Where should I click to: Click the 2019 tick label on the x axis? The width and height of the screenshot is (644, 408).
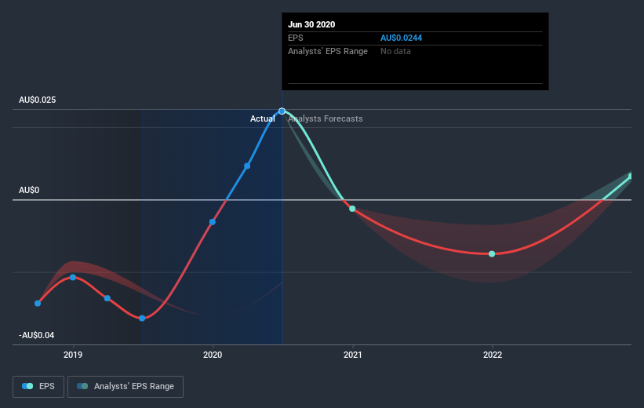(73, 355)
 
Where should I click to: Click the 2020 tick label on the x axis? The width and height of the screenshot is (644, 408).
(213, 355)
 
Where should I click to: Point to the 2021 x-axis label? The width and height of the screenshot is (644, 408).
(352, 355)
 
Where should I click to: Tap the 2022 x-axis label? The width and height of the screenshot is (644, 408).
(492, 355)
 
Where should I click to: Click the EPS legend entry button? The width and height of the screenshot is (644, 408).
(40, 386)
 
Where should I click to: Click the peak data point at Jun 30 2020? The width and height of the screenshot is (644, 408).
(282, 111)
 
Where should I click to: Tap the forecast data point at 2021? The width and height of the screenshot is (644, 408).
(352, 209)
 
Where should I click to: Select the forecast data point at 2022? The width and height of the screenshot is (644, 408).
(492, 253)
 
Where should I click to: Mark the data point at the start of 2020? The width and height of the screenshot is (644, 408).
(213, 222)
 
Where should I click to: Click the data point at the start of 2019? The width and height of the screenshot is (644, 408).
(73, 277)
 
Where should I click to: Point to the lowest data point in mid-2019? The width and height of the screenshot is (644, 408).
(142, 318)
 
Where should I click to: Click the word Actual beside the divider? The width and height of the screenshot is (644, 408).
(263, 118)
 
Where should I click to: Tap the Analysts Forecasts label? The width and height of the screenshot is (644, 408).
(326, 118)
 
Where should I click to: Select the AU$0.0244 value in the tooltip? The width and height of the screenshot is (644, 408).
(403, 38)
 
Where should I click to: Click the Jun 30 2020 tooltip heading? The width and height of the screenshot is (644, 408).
(312, 24)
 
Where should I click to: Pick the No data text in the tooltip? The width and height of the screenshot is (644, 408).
(395, 51)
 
